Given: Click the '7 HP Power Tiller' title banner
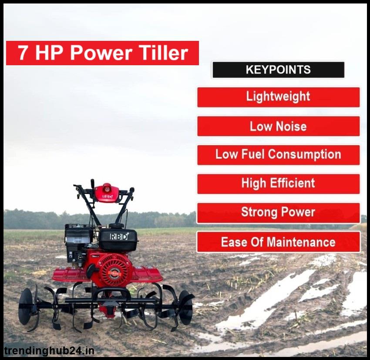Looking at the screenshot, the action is point(102,53).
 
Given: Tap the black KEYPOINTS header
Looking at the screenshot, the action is point(279,70).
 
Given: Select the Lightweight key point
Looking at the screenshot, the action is point(279,97).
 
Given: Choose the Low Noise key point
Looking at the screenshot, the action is point(279,126).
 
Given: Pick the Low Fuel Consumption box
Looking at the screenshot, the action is point(279,155).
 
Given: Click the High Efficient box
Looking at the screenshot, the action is point(279,184).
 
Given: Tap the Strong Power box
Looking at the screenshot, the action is point(279,213).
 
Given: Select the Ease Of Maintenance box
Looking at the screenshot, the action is point(279,242).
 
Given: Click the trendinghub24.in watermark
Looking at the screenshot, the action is point(49,351).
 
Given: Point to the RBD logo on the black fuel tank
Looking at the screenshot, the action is point(119,237).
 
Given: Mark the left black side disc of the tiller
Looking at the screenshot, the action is point(27,307).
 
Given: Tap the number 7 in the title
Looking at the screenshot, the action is point(22,53).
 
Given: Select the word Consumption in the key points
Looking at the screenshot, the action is point(305,155).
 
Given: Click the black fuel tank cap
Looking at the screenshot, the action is point(116,226).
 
